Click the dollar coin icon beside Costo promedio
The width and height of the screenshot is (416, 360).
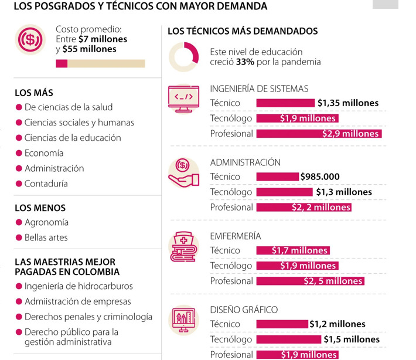(30, 40)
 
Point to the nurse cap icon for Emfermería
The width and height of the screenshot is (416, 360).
(183, 246)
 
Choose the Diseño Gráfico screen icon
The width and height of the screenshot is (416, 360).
(183, 320)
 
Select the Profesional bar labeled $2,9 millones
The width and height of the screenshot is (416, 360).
(319, 134)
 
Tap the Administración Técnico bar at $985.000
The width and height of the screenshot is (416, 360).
(278, 176)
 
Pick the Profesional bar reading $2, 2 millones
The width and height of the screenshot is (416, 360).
(304, 207)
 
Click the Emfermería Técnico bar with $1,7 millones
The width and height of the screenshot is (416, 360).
(293, 250)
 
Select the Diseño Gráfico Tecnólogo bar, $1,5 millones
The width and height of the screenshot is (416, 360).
(289, 339)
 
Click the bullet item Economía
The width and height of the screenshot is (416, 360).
(44, 153)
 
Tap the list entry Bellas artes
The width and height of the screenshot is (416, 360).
(46, 237)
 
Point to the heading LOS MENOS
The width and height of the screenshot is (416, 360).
(40, 208)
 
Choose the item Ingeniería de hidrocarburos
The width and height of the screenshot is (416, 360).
(79, 286)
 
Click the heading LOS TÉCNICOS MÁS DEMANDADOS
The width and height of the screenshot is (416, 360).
(243, 31)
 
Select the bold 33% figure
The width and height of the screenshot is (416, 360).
(244, 62)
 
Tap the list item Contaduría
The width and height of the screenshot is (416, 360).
(46, 184)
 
